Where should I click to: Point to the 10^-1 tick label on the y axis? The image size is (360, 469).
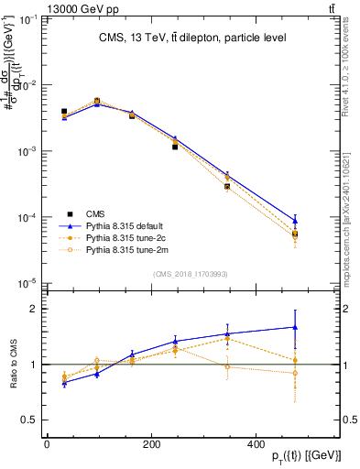coord(27,19)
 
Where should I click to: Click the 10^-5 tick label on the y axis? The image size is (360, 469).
coord(27,284)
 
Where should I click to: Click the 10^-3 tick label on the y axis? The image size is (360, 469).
coord(27,152)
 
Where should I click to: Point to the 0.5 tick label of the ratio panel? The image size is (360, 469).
coord(27,420)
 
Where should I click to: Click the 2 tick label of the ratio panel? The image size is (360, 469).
coord(31,309)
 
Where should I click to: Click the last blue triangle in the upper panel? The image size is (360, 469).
coord(295,220)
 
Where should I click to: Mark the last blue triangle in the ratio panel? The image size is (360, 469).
coord(295,326)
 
